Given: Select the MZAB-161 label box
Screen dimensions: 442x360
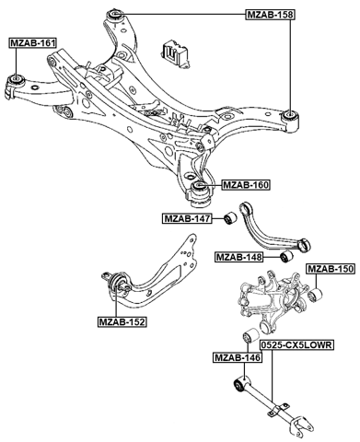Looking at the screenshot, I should (x=32, y=43).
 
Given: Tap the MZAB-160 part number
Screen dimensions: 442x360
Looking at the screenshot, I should (x=246, y=185).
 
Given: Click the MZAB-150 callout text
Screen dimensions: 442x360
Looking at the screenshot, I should (x=330, y=269).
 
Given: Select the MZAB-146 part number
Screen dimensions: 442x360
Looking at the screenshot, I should (x=236, y=356).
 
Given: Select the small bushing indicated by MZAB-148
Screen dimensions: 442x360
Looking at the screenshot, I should (x=285, y=255).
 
